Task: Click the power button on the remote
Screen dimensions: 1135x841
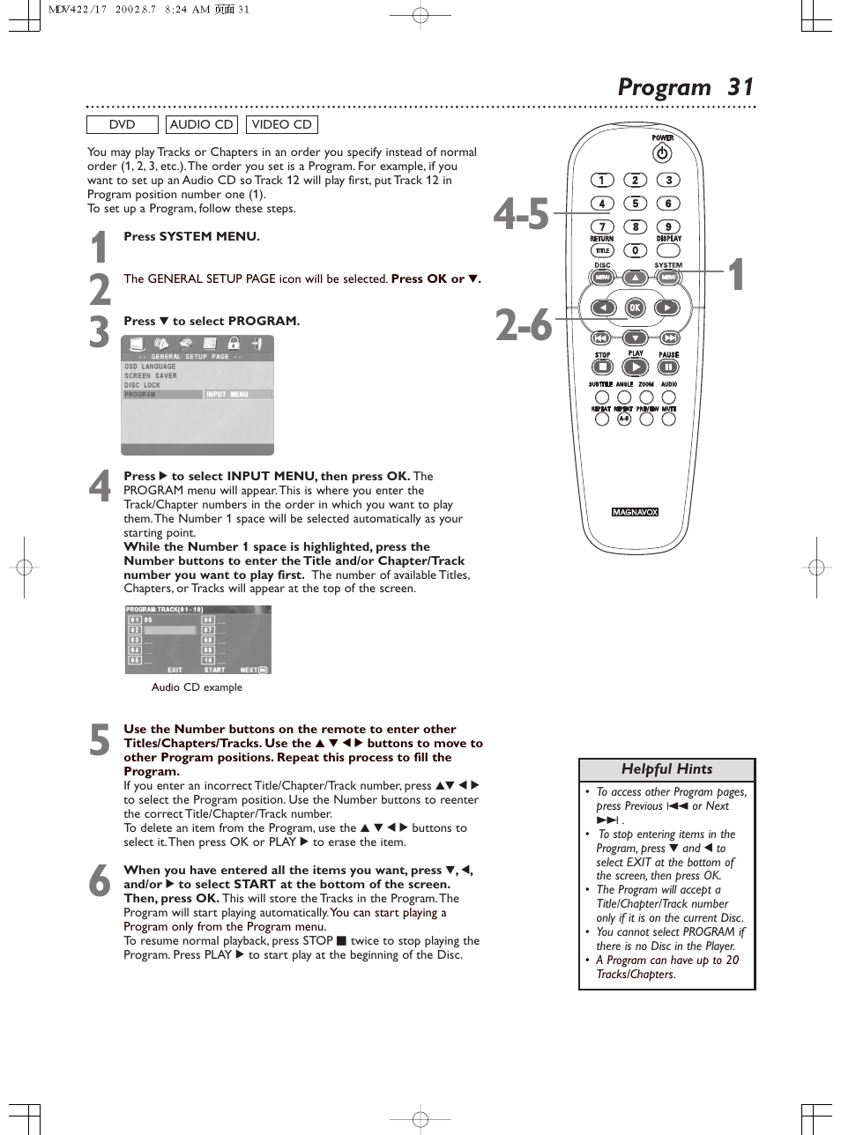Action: pyautogui.click(x=662, y=153)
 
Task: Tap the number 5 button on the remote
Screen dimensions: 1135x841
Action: pyautogui.click(x=635, y=204)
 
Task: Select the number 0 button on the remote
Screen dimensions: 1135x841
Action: pyautogui.click(x=635, y=250)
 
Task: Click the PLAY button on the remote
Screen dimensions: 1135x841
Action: pyautogui.click(x=636, y=367)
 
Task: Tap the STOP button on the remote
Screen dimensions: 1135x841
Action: pyautogui.click(x=602, y=367)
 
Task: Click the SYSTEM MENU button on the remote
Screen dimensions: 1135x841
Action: pyautogui.click(x=668, y=278)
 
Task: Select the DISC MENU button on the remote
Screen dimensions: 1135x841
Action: pyautogui.click(x=602, y=278)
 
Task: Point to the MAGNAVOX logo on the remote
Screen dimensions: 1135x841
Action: pyautogui.click(x=635, y=512)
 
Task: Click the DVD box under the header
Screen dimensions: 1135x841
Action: pyautogui.click(x=122, y=125)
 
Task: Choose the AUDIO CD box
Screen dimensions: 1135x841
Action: pyautogui.click(x=202, y=125)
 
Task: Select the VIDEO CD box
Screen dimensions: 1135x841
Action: pyautogui.click(x=281, y=125)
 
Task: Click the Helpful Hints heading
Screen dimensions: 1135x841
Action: pyautogui.click(x=666, y=769)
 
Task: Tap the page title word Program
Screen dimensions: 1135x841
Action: pyautogui.click(x=664, y=87)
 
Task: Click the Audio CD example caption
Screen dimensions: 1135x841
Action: pyautogui.click(x=197, y=687)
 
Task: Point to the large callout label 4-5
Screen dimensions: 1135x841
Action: pyautogui.click(x=521, y=214)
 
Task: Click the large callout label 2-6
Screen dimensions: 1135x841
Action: pyautogui.click(x=523, y=326)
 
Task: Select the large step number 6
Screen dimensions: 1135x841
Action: pyautogui.click(x=100, y=881)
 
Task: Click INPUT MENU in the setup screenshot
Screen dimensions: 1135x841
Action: pyautogui.click(x=227, y=395)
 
